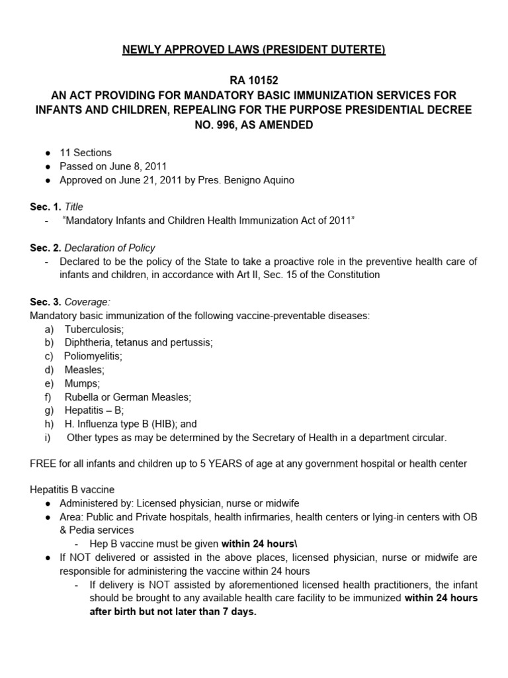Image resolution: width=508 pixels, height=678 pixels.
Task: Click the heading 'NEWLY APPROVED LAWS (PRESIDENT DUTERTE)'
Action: click(253, 50)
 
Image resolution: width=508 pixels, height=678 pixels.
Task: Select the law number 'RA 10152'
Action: click(253, 80)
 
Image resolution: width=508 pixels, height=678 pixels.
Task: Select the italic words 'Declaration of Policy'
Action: click(110, 248)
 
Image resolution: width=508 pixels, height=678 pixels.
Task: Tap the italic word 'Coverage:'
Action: click(87, 303)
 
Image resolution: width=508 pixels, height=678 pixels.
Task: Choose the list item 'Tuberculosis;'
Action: click(91, 329)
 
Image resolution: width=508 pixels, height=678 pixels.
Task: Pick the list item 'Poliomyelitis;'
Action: click(93, 356)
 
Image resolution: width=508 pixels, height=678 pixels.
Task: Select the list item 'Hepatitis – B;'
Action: click(94, 411)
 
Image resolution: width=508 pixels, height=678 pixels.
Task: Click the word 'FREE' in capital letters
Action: click(44, 463)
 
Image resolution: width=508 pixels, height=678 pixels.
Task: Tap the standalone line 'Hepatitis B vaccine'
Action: click(72, 490)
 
